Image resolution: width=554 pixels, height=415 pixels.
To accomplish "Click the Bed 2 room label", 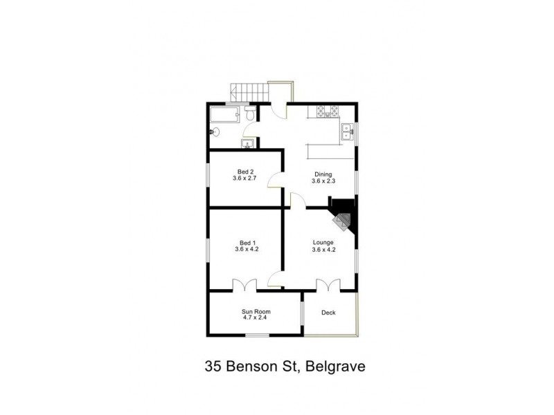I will point(244,171).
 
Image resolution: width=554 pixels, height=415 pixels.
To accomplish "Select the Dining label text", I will point(323,174).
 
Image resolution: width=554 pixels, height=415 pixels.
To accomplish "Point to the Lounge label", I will point(323,242).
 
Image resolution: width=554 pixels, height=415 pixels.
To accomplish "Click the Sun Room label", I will point(256,312).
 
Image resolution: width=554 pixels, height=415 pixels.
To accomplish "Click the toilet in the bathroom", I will point(249,116).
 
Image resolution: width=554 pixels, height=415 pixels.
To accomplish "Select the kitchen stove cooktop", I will point(327,111).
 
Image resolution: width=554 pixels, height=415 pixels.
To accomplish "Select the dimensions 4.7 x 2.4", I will point(256,319).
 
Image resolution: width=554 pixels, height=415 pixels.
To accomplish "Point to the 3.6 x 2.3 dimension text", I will point(323,182).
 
